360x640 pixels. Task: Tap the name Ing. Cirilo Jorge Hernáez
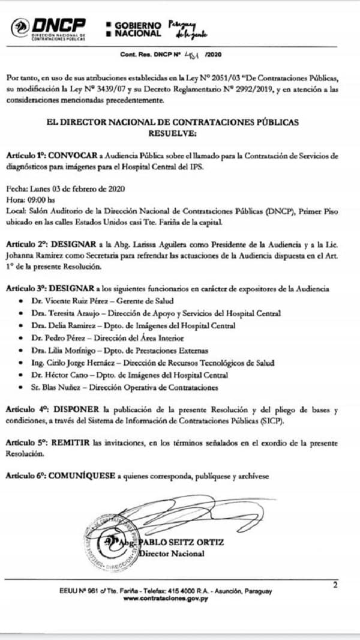point(77,363)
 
